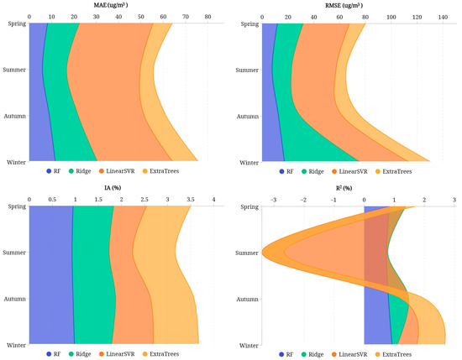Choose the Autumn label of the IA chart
pos(14,299)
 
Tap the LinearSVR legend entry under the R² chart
pos(344,354)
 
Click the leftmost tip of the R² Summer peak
pos(262,252)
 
